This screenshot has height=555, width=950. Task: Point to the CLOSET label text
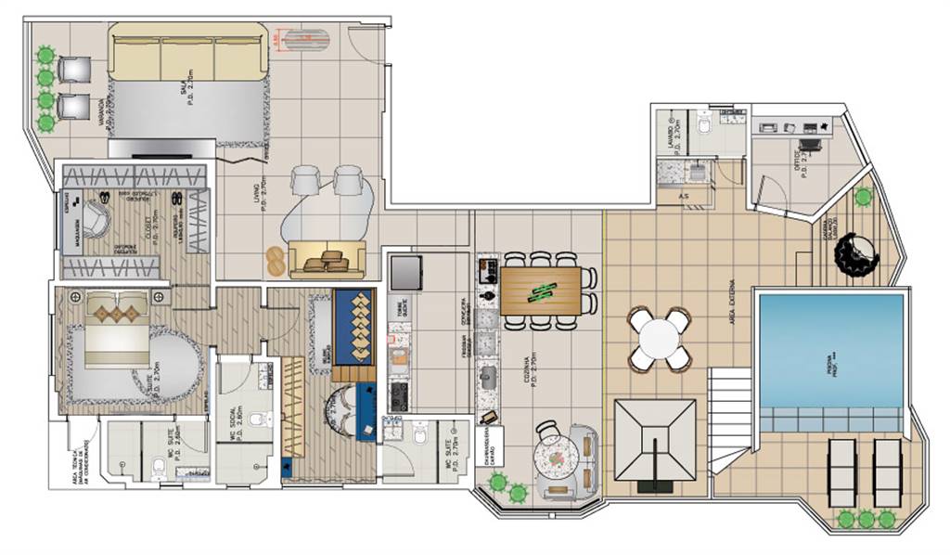(135, 226)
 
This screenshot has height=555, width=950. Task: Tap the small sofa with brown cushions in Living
(327, 261)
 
